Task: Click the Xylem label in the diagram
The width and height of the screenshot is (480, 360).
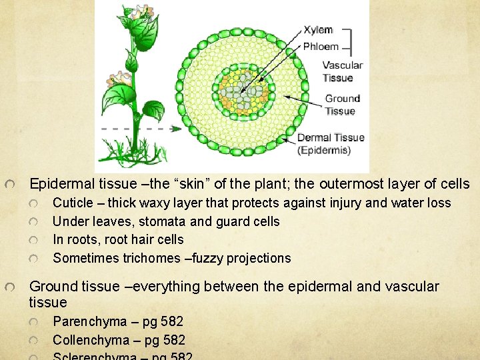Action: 318,30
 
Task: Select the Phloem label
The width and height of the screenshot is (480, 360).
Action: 321,47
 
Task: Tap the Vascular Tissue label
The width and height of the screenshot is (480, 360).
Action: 342,71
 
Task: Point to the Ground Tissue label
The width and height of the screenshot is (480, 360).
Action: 342,105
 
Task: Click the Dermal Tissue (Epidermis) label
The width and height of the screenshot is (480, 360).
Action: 331,144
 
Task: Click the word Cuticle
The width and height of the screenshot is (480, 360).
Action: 72,203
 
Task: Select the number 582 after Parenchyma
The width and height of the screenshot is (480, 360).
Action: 171,322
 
